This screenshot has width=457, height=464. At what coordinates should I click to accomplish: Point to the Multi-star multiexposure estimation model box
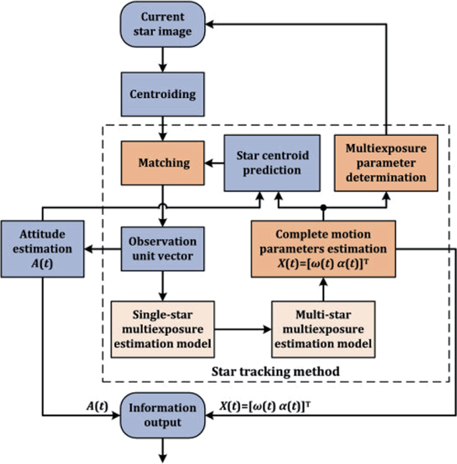coord(323,328)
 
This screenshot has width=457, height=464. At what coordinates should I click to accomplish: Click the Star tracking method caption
coord(276,370)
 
